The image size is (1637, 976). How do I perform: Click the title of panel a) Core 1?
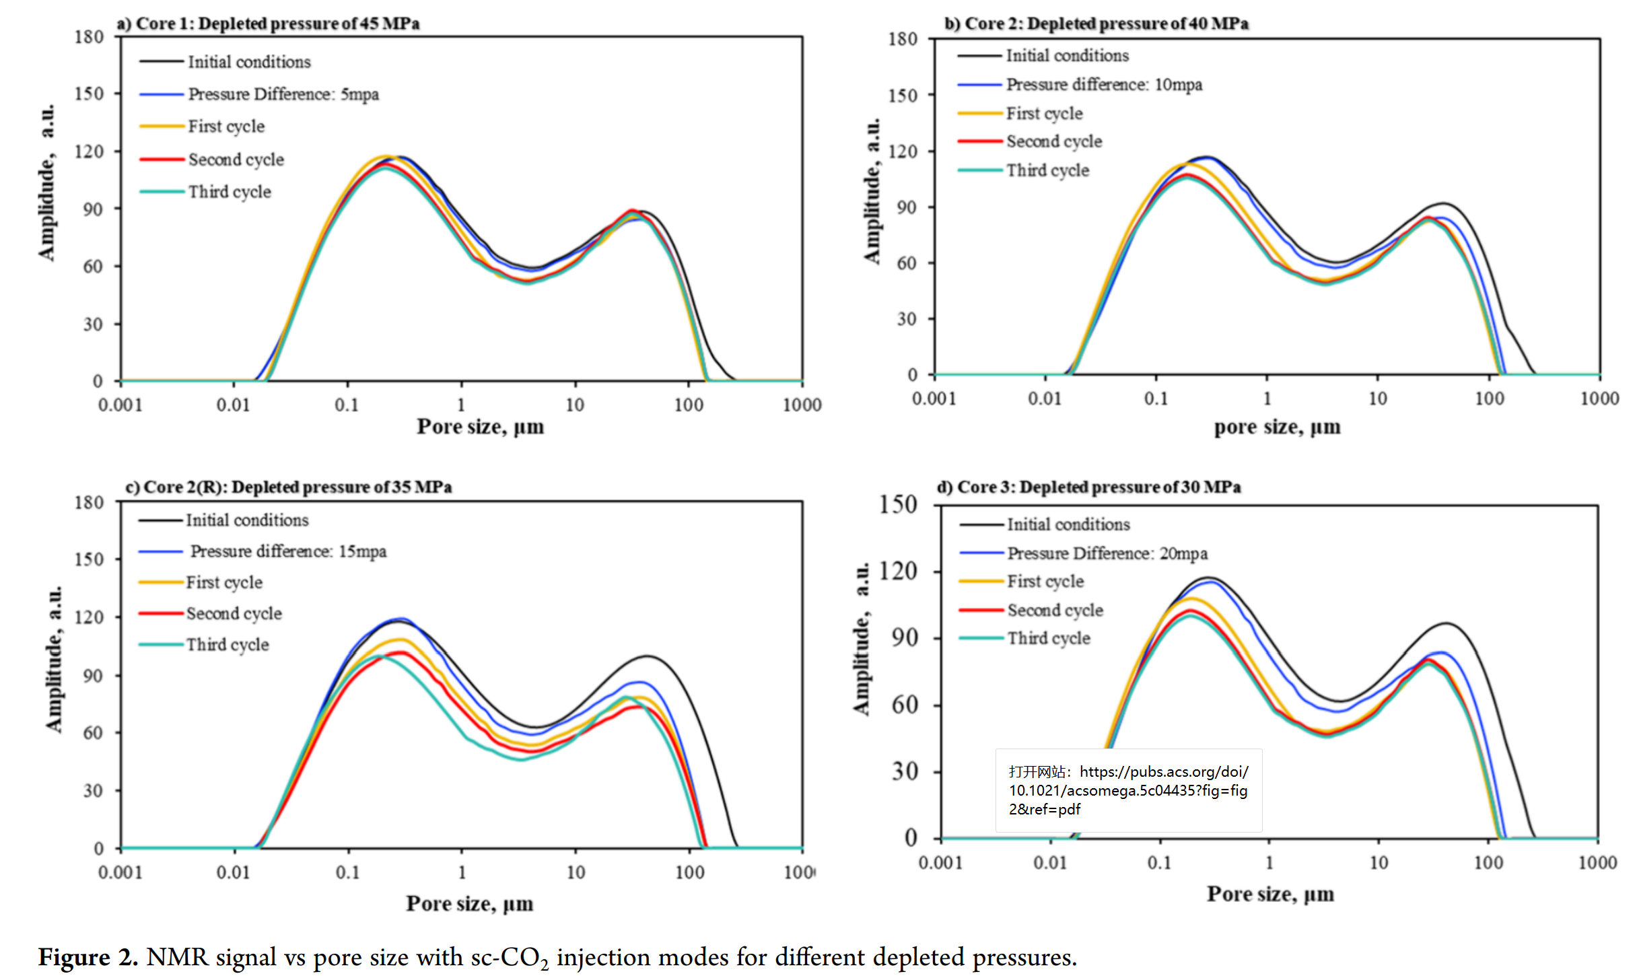pos(268,24)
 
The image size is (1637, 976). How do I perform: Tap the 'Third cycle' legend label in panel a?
pos(230,192)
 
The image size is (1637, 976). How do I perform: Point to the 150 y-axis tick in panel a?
pos(89,94)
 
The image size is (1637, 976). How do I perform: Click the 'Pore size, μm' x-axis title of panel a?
pos(480,427)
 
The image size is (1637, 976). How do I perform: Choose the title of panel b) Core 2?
pos(1096,24)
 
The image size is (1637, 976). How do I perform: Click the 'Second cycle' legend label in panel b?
pos(1054,141)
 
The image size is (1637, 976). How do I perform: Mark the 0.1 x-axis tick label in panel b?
pos(1156,398)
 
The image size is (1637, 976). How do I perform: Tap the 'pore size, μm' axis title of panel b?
pos(1277,427)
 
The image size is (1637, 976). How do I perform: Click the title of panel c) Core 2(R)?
pos(288,487)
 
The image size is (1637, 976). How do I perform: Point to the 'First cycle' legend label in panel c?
pos(224,582)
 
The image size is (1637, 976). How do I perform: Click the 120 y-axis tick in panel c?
pos(89,617)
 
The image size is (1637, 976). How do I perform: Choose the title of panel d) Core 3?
pos(1088,487)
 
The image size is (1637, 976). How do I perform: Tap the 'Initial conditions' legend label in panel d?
pos(1068,524)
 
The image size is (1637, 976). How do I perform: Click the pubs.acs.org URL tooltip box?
pos(1128,790)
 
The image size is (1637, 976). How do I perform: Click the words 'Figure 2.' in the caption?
pos(88,957)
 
